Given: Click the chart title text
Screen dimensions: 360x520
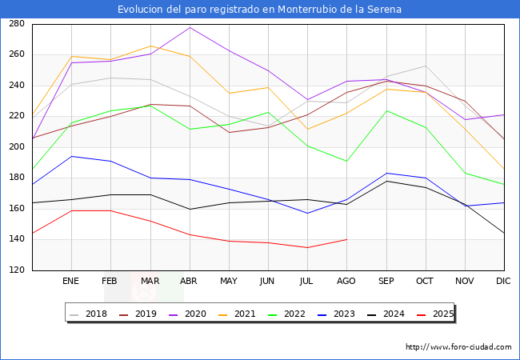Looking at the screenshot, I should click(x=259, y=10).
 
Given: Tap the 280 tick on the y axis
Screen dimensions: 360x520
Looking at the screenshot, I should click(x=15, y=24).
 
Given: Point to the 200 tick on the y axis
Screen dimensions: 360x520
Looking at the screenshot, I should click(x=15, y=147).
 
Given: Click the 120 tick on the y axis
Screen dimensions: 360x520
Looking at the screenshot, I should click(x=15, y=270).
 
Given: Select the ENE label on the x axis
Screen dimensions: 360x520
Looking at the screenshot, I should click(x=70, y=282).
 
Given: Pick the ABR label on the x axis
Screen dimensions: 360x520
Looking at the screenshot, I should click(x=189, y=282).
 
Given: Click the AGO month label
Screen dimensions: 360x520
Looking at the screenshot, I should click(x=346, y=282).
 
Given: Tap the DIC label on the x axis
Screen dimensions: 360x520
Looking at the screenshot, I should click(x=503, y=282).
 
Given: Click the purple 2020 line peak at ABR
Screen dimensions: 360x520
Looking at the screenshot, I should click(x=190, y=28).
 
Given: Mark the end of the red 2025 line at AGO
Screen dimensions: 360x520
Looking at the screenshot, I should click(x=346, y=239).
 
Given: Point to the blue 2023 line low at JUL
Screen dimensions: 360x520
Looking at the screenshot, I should click(x=307, y=213).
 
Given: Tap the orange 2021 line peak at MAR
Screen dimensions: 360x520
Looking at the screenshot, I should click(x=150, y=46).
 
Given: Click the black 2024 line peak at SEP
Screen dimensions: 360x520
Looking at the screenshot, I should click(x=386, y=181).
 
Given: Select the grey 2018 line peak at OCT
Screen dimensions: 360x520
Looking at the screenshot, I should click(x=426, y=66).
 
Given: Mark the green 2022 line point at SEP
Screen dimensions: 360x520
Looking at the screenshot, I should click(x=386, y=110).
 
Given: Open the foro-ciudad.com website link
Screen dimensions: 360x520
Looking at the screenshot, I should click(x=458, y=347).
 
